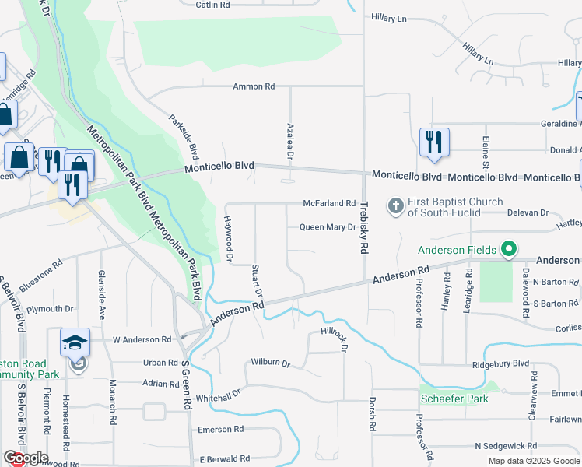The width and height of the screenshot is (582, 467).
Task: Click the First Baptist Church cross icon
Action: (x=395, y=206)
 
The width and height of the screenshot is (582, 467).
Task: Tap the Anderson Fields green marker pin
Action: (x=509, y=249)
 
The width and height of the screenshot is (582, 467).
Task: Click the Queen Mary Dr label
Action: (x=328, y=227)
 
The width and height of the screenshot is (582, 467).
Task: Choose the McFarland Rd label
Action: (x=329, y=203)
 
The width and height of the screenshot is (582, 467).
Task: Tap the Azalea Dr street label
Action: (x=289, y=142)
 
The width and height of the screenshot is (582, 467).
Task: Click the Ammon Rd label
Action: (x=254, y=86)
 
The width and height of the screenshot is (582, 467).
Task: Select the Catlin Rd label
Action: (x=212, y=5)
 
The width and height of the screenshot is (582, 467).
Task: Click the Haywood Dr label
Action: (x=230, y=238)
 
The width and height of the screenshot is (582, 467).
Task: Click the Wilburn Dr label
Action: (x=270, y=363)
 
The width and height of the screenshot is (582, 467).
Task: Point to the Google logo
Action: (x=26, y=458)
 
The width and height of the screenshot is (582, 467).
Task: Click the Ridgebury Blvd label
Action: (x=500, y=363)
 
